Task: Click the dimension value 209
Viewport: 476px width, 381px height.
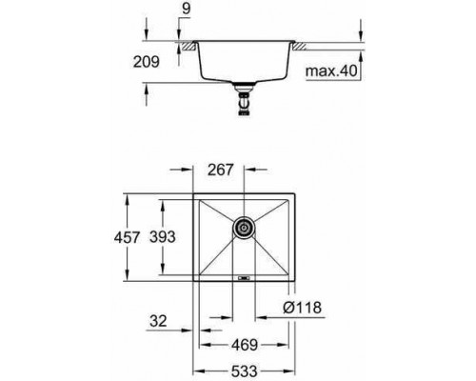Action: point(146,62)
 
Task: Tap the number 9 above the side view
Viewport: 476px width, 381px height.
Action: point(187,9)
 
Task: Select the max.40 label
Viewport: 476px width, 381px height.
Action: point(331,70)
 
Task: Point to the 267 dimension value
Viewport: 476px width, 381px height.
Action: point(221,170)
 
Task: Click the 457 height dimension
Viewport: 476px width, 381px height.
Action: point(127,237)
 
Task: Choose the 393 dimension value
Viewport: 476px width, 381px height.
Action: point(163,237)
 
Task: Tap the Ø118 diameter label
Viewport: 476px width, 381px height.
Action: point(302,308)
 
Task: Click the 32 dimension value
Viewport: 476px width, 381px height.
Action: point(158,321)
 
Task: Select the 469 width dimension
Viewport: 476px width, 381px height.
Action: point(245,345)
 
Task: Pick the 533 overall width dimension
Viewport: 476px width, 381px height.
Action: point(244,371)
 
